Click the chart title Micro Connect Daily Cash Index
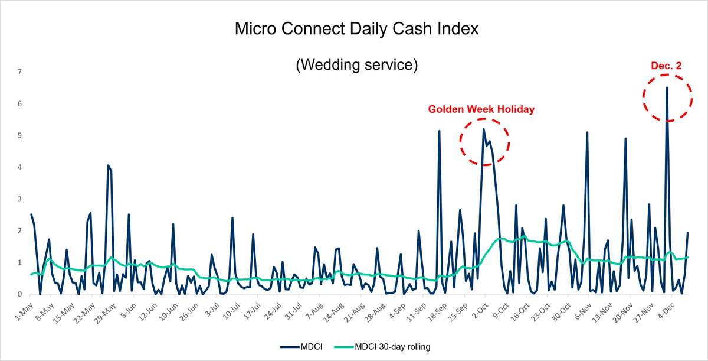356,28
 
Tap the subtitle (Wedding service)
356,65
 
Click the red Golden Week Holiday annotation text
481,109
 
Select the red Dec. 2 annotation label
667,66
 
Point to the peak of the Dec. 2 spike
667,88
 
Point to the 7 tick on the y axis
19,72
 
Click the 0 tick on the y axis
19,294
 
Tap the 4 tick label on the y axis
19,167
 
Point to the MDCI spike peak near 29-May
108,165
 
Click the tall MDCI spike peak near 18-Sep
440,131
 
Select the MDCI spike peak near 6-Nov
587,132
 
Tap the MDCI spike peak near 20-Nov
625,138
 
